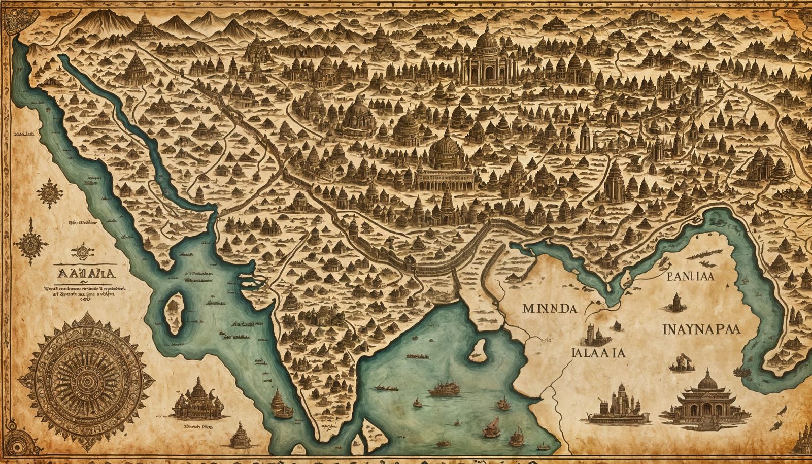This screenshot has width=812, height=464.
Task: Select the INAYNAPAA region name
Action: tap(701, 328)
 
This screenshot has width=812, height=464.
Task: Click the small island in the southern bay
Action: tap(477, 349)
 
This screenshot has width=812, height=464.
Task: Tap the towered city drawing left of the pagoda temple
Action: tap(620, 404)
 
